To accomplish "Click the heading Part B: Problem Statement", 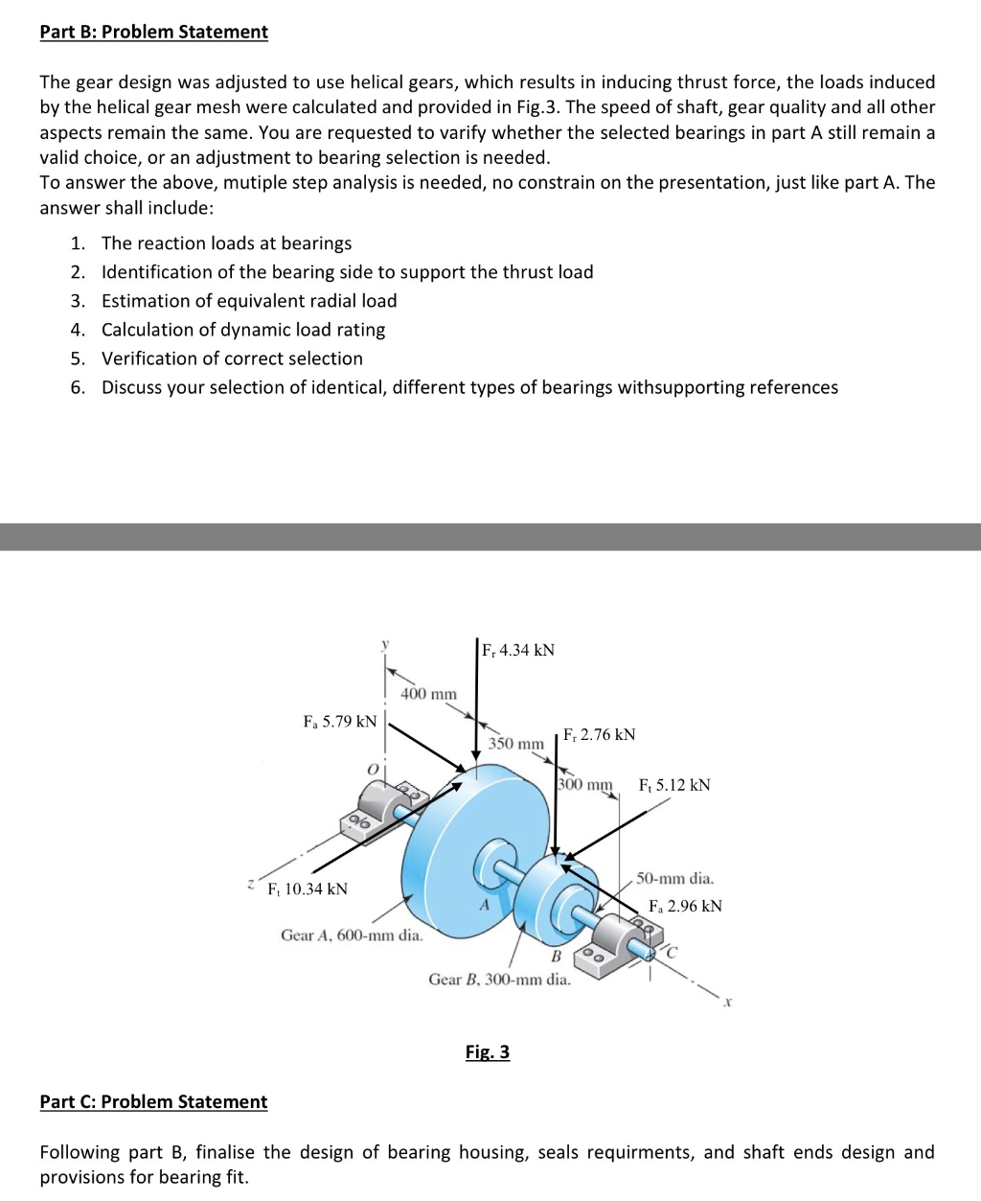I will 153,32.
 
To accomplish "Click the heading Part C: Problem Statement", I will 153,1101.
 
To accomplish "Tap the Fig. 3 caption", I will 487,1051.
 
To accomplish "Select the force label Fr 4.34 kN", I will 518,650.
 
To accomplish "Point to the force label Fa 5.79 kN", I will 340,721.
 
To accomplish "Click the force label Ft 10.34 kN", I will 308,889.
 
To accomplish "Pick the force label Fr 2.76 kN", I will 600,734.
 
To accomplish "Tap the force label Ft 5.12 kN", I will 674,785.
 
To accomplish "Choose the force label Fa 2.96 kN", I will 685,906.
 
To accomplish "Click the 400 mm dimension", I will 428,693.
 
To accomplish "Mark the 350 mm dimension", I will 515,743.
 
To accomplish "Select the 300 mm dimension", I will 584,784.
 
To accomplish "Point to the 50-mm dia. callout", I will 675,878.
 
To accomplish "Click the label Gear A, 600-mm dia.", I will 352,935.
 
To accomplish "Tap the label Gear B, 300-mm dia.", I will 499,979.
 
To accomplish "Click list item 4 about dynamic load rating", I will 243,330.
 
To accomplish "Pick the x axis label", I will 728,1003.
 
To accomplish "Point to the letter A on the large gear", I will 484,906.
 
